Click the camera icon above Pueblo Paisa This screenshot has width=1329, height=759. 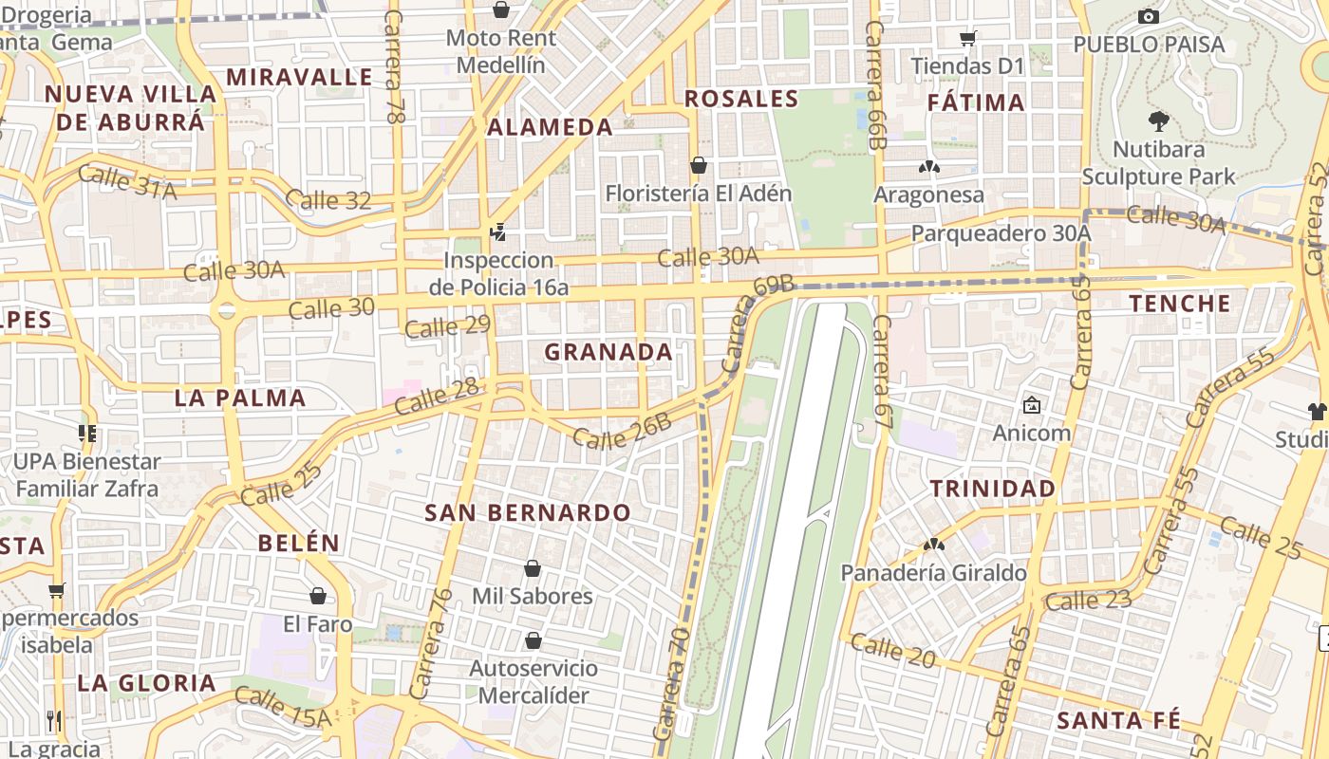(x=1148, y=16)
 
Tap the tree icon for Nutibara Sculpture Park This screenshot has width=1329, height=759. (x=1158, y=120)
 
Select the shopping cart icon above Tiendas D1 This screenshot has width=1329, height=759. (x=967, y=39)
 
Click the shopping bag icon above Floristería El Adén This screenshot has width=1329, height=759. (x=699, y=165)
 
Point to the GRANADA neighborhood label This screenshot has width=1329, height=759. (x=608, y=352)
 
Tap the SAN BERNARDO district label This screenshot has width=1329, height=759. (x=527, y=513)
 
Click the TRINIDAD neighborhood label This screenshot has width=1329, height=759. (x=992, y=489)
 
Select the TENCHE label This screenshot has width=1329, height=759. (x=1180, y=304)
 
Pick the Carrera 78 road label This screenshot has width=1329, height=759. (x=393, y=66)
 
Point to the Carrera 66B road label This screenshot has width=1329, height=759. (x=875, y=85)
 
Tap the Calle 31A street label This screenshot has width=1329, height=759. (x=127, y=181)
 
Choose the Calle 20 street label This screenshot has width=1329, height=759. (x=893, y=651)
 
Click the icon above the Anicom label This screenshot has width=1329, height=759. (x=1031, y=405)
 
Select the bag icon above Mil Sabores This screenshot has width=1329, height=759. (x=533, y=568)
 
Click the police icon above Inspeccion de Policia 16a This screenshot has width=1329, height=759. (x=497, y=231)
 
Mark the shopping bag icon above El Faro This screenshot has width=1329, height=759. (x=318, y=596)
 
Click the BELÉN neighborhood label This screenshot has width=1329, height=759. (x=298, y=543)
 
